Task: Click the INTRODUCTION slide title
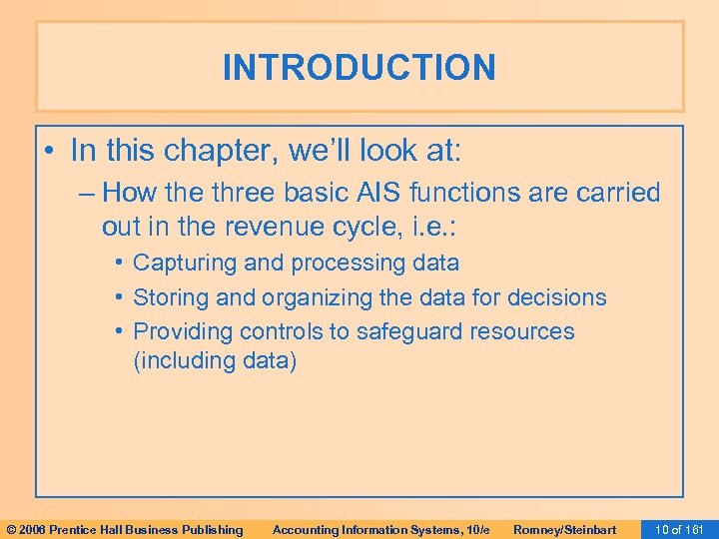pos(359,68)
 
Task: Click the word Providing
pos(178,331)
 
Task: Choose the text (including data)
pos(215,360)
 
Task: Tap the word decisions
pos(557,297)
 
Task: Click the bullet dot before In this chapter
pos(50,152)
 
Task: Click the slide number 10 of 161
pos(677,529)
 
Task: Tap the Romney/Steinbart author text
pos(564,529)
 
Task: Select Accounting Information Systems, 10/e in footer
pos(380,529)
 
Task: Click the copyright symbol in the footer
pos(11,529)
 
